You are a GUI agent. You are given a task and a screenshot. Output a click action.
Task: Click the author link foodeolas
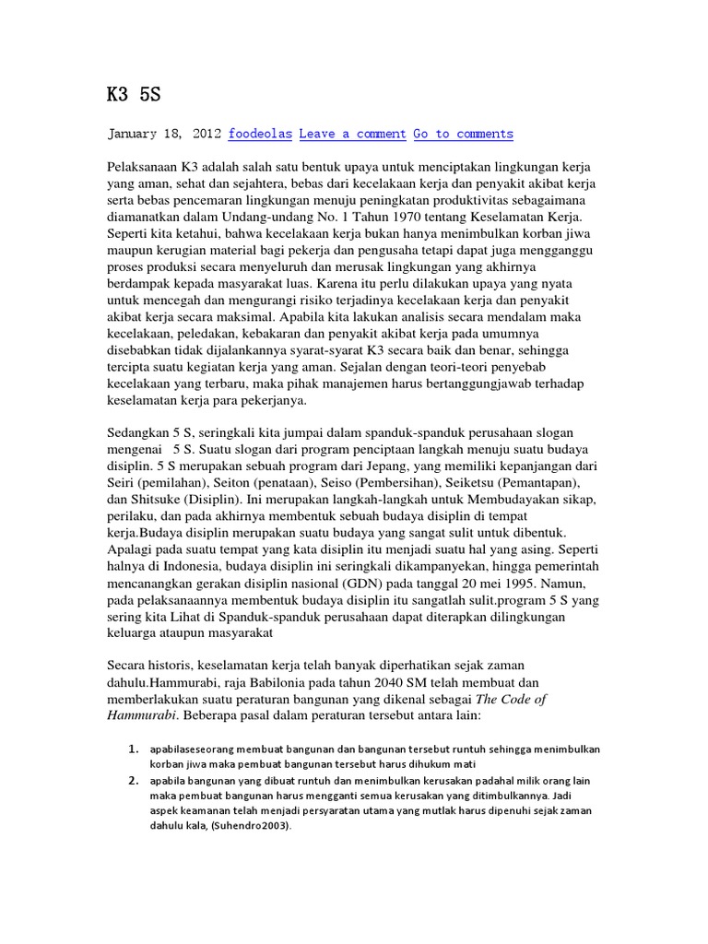click(x=260, y=134)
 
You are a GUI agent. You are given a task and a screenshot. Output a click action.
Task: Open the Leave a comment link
click(x=352, y=134)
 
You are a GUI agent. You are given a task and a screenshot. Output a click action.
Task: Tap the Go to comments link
click(x=463, y=134)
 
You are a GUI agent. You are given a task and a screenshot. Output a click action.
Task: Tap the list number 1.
click(x=133, y=748)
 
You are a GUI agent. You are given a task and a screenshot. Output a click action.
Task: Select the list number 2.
click(x=133, y=779)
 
